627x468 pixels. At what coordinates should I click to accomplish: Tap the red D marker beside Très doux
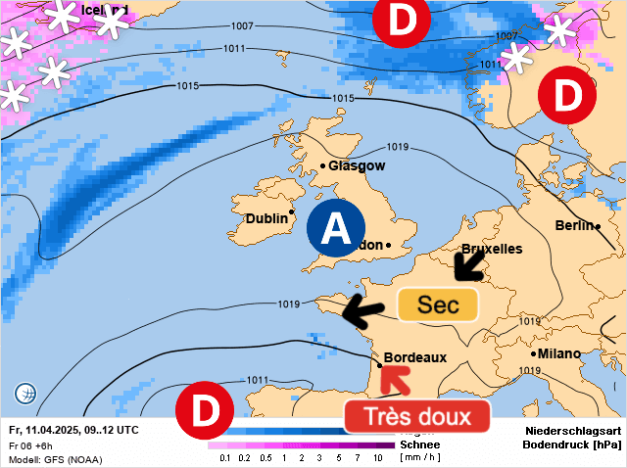pos(205,411)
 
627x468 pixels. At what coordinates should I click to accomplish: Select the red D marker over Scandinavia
pos(566,95)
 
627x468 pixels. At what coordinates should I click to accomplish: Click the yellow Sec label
pos(438,304)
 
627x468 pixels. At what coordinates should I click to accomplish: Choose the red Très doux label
pos(415,416)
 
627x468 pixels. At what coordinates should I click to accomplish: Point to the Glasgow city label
pos(357,165)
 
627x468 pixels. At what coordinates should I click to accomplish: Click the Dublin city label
pos(265,218)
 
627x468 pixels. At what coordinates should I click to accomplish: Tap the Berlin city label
pos(574,225)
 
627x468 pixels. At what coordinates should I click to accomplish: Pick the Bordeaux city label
pos(415,358)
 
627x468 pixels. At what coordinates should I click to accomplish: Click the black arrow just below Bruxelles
pos(467,262)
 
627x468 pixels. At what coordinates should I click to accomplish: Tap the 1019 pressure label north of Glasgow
pos(397,147)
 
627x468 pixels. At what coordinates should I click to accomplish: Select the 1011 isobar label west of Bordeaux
pos(257,380)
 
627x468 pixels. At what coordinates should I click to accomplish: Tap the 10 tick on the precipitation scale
pos(377,457)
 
